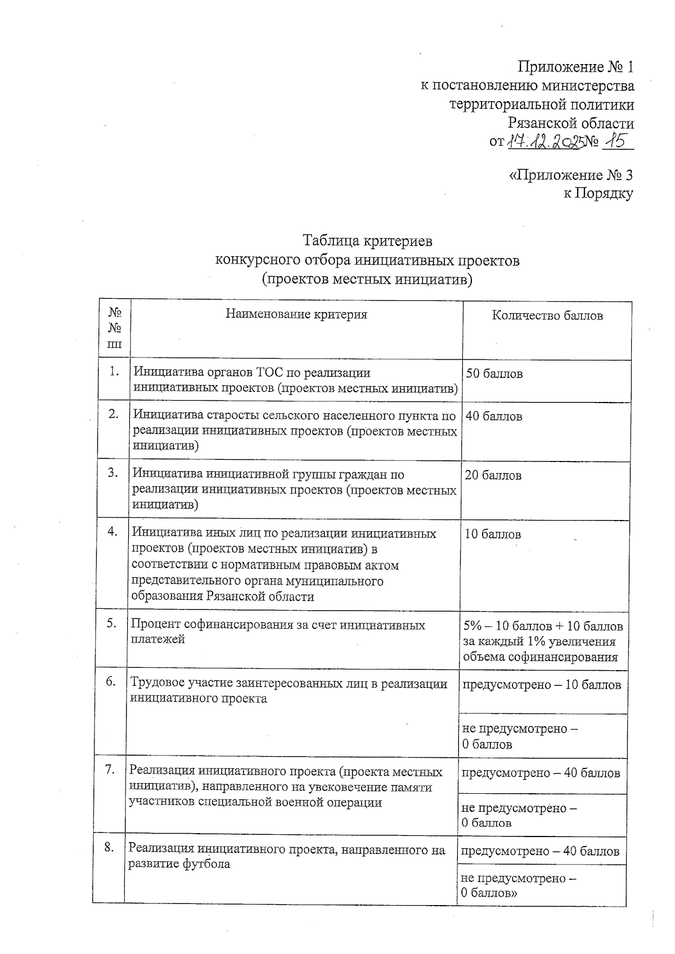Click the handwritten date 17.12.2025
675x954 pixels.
(x=543, y=142)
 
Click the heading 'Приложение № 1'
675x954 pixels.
(x=575, y=68)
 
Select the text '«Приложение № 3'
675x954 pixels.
(x=570, y=175)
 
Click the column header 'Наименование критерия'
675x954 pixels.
(x=296, y=315)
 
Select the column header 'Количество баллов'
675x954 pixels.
(x=547, y=316)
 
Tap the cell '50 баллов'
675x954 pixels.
(x=494, y=374)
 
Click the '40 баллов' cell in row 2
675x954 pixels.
(x=494, y=417)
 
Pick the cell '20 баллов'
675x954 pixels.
(x=493, y=476)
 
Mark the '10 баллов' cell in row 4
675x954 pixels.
(x=493, y=535)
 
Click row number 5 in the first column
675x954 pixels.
(x=111, y=623)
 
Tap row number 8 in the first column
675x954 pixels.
(x=109, y=847)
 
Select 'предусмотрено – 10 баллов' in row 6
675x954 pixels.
(x=541, y=685)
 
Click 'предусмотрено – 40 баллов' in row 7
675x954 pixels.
(x=541, y=773)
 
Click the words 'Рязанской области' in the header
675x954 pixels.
(x=570, y=124)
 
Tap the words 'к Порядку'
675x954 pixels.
(x=598, y=194)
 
